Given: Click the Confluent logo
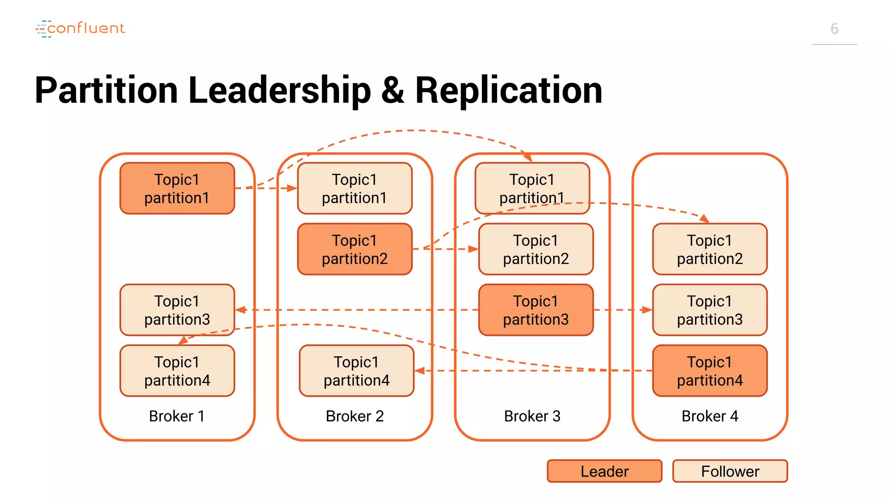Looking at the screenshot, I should coord(80,28).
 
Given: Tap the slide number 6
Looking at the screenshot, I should coord(834,29).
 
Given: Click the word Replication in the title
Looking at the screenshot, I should coord(508,90).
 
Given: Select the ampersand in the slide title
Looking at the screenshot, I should coord(392,90).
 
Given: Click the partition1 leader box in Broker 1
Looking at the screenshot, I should coord(177,188).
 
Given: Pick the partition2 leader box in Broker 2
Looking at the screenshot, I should coord(355,249).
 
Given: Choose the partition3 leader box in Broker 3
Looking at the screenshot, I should coord(535,310).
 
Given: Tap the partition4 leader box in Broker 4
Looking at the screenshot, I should coord(710,371).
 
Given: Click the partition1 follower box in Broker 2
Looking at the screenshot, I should coord(355,188).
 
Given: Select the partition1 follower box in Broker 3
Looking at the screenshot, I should coord(532,188).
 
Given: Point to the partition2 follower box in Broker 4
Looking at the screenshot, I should coord(710,249).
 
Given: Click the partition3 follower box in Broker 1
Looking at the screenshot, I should coord(177,310).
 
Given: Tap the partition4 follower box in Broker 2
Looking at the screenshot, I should coord(356,371).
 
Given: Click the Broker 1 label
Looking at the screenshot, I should coord(176,416).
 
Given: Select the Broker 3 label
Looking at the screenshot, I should coord(532,416).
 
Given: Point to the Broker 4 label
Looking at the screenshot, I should coord(710,416).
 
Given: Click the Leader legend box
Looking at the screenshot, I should coord(604,471).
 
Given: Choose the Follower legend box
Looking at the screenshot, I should coord(730,471).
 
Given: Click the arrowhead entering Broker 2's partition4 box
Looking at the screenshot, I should coord(420,371).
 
